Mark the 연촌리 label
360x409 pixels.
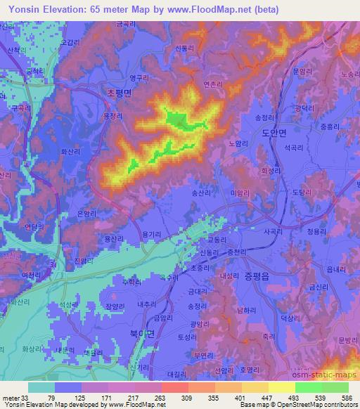point(212,84)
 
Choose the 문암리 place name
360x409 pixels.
point(301,71)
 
